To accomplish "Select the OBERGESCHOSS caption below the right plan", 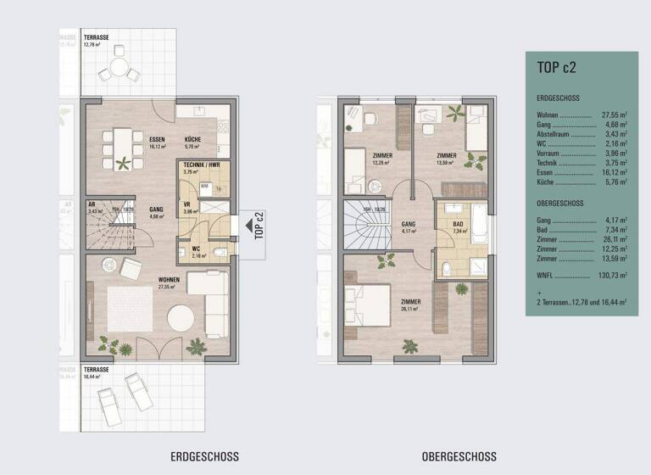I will [459, 455].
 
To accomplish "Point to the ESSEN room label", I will [156, 140].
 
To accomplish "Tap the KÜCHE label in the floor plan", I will [192, 140].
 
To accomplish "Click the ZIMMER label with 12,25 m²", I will [381, 156].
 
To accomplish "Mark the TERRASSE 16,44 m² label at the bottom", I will [98, 372].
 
